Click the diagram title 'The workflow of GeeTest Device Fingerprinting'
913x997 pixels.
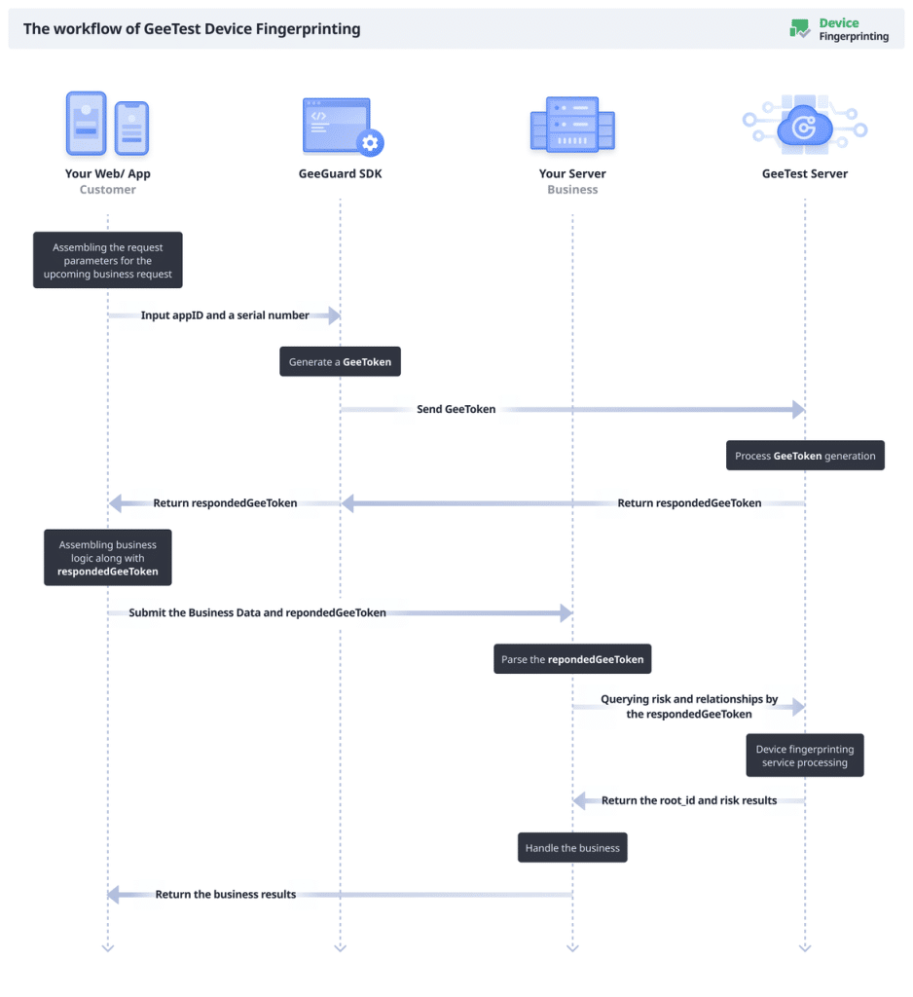click(x=192, y=29)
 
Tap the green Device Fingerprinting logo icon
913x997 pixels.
click(x=800, y=29)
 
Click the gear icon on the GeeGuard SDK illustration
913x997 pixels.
click(x=370, y=143)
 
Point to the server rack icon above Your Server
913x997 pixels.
click(x=572, y=124)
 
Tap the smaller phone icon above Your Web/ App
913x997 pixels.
click(x=131, y=129)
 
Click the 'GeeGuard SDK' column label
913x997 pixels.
click(x=340, y=174)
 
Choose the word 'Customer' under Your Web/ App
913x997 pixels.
click(x=107, y=190)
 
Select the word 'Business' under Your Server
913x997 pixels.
click(x=572, y=190)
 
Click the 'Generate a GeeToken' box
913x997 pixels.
click(x=340, y=362)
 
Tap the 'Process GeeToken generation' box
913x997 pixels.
click(x=805, y=456)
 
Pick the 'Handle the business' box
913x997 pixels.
click(x=572, y=848)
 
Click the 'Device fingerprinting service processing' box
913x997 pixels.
click(x=805, y=756)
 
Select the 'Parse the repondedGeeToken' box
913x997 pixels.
click(x=572, y=659)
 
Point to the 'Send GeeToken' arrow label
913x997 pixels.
click(x=456, y=410)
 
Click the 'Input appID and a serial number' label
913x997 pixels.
click(x=225, y=315)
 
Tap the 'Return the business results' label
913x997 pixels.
click(x=225, y=894)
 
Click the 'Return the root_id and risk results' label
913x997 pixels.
click(x=689, y=800)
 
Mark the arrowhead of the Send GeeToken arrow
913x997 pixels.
click(x=799, y=410)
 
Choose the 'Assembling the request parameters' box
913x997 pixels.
click(x=107, y=261)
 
